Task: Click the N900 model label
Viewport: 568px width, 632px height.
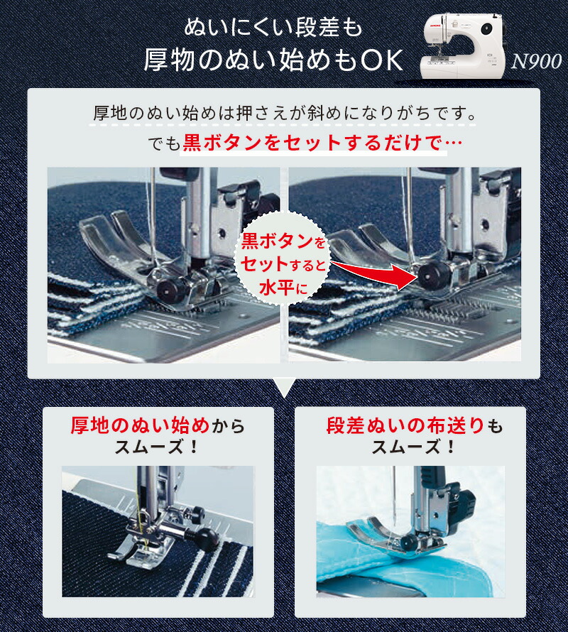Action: pos(536,62)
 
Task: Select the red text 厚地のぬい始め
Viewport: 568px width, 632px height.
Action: pos(140,426)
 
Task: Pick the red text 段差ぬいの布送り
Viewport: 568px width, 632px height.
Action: pos(405,426)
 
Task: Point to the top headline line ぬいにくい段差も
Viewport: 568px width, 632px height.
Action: pos(273,29)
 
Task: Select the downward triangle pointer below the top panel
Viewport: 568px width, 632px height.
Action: pos(284,388)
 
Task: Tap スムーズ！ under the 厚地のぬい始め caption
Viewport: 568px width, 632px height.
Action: pos(158,449)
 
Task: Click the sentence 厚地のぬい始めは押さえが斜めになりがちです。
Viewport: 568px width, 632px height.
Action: pos(284,113)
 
